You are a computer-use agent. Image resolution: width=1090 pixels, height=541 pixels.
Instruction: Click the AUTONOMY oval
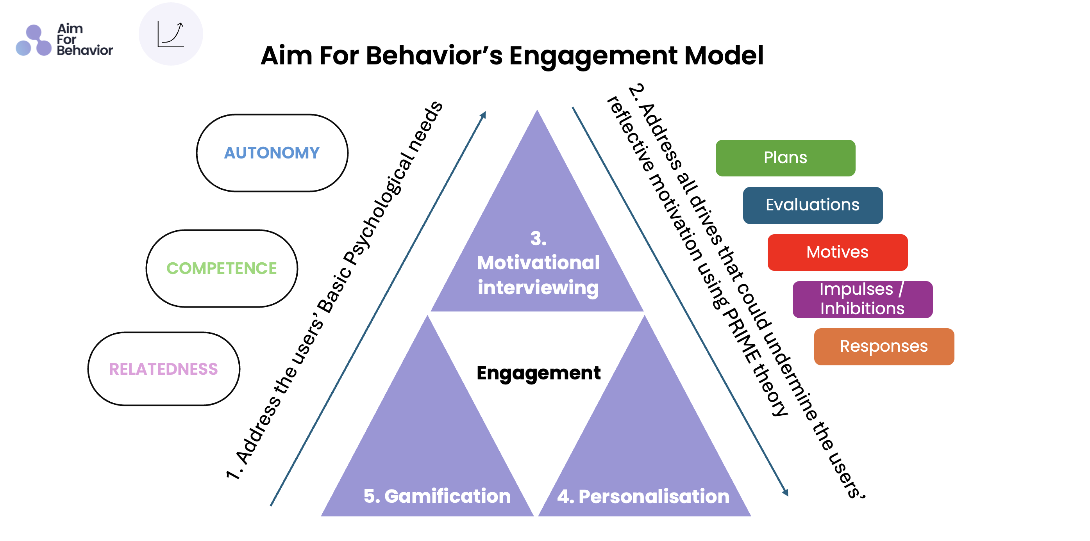pos(272,153)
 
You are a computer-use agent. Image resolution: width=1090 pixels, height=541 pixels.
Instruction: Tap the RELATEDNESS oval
pos(163,369)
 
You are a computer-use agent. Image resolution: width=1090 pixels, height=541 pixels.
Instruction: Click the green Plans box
pos(785,158)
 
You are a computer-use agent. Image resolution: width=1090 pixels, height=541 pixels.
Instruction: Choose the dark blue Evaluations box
pos(813,205)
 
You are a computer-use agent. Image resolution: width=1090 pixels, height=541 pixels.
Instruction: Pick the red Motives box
pos(837,252)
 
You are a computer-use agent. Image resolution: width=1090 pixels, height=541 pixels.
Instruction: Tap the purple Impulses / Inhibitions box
pos(862,299)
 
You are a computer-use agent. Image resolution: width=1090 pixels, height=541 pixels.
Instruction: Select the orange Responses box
pos(883,347)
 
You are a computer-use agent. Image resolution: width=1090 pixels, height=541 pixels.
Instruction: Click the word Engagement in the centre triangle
pos(538,373)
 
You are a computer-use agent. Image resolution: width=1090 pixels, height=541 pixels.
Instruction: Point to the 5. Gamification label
pos(437,496)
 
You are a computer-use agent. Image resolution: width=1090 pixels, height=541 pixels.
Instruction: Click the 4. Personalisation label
pos(643,497)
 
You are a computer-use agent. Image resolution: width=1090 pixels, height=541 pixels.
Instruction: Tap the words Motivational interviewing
pos(538,275)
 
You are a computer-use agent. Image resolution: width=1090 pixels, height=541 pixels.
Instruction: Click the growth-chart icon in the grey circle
pos(170,34)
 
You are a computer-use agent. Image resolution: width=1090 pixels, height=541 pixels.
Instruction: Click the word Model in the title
pos(724,55)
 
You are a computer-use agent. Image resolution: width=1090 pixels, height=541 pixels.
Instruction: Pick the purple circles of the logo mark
pos(34,41)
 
